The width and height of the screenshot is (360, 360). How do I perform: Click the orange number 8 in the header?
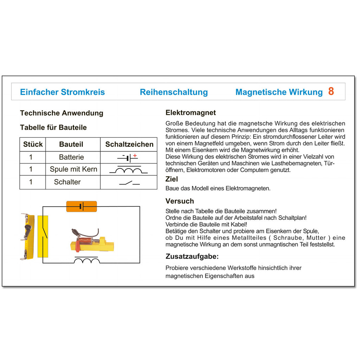coord(331,91)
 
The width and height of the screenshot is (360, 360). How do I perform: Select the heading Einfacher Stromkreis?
coord(62,92)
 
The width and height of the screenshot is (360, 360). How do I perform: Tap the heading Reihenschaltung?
coord(174,92)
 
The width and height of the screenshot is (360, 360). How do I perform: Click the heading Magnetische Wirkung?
coord(279,92)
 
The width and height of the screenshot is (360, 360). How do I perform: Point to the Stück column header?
coord(33,144)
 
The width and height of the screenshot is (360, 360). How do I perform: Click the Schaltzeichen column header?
coord(129,144)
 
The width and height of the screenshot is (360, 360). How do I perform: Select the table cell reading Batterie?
coord(71,157)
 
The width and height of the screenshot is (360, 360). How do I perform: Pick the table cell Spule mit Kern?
coord(73,169)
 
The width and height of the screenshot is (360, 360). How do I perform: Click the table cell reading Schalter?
coord(67,182)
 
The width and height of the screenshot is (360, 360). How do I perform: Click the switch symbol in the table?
coord(129,182)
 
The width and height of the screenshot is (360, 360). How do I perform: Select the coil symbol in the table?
coord(128,170)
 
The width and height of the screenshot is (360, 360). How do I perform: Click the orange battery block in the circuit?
coord(81,206)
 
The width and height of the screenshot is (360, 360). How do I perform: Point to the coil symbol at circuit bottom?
coord(86,260)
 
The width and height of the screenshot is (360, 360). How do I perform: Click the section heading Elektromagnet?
coord(191,113)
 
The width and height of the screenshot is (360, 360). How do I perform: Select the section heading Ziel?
coord(172,179)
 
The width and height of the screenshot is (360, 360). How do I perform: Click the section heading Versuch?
coord(180,201)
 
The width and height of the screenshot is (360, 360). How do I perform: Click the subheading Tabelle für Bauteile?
coord(53,127)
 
